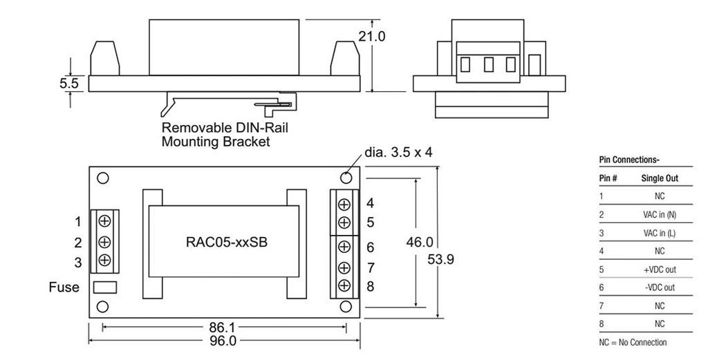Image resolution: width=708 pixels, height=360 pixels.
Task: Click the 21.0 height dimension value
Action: pos(371,36)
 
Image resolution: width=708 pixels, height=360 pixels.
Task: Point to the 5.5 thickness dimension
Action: pos(69,84)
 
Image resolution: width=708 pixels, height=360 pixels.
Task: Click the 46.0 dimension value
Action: pos(419,243)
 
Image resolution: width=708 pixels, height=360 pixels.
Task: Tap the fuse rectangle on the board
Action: pos(104,286)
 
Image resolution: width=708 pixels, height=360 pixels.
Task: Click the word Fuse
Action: pos(64,287)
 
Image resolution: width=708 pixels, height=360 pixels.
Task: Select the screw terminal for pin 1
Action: pos(104,222)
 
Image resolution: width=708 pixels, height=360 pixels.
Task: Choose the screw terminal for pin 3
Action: pos(104,260)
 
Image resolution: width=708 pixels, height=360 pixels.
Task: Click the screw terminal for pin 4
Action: pos(344,204)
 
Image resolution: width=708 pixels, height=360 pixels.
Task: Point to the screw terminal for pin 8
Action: pos(344,285)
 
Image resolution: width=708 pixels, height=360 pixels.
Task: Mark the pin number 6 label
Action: pos(371,247)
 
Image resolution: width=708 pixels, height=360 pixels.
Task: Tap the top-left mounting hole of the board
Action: pos(102,178)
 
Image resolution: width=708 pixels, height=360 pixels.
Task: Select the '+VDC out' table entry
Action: pos(659,269)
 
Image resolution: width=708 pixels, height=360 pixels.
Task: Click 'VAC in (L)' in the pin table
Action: pos(659,233)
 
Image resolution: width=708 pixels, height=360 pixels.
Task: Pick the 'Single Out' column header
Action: pos(660,178)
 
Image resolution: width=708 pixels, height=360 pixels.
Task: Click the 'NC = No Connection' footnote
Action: pos(633,342)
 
